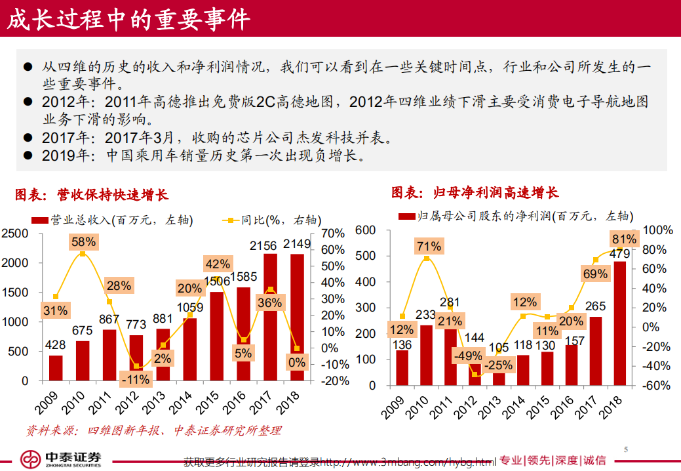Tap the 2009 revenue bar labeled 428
click(56, 367)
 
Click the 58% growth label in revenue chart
click(83, 242)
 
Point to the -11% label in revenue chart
click(137, 379)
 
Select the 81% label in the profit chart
click(623, 239)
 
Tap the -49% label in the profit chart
click(467, 356)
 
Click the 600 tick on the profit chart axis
click(365, 230)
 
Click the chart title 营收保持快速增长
click(91, 195)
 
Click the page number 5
click(626, 450)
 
